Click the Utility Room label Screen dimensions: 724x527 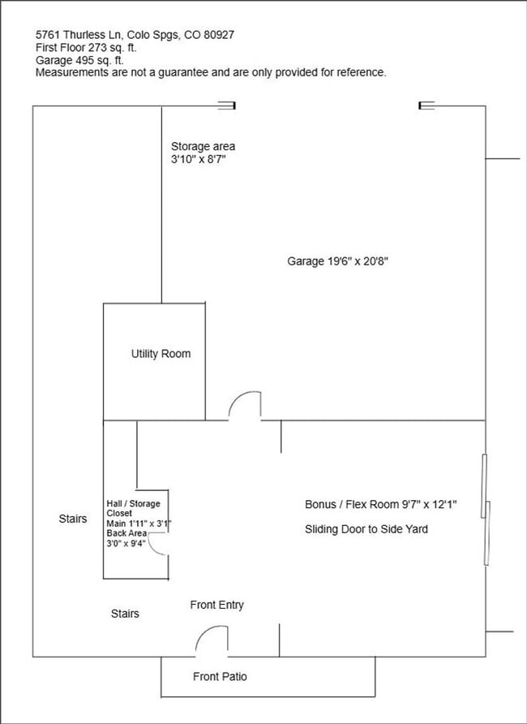(x=161, y=354)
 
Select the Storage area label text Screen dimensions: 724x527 (x=203, y=146)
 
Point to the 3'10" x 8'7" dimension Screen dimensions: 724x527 (x=197, y=160)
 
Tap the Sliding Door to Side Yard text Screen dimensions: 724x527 (x=366, y=529)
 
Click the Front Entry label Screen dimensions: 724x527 (x=216, y=605)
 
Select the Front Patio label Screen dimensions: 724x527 (x=220, y=676)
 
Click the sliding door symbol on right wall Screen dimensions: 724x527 (x=486, y=510)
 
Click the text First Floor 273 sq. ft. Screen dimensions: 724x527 (x=86, y=48)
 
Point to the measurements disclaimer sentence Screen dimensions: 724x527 (x=211, y=72)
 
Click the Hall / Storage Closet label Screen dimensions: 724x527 (x=133, y=508)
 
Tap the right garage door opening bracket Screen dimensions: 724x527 (x=426, y=105)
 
